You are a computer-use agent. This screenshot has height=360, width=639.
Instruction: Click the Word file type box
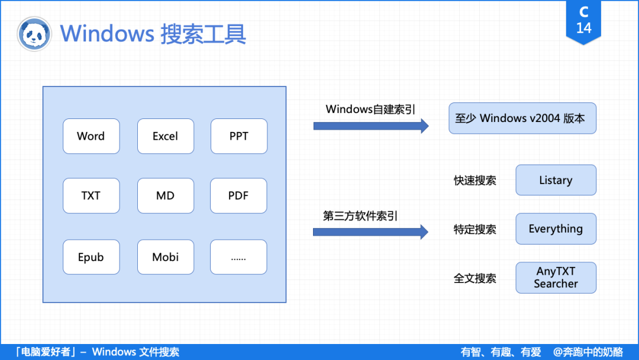[91, 136]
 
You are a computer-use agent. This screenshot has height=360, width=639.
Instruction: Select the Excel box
[165, 136]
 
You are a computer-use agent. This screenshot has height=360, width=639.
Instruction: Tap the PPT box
[238, 136]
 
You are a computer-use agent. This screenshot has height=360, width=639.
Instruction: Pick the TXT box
[91, 195]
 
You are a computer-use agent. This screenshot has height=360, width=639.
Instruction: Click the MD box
[165, 195]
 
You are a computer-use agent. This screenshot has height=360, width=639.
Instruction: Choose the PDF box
[238, 195]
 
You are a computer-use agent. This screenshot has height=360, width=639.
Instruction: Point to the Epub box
[91, 257]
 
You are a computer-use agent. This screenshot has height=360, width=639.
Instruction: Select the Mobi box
[165, 257]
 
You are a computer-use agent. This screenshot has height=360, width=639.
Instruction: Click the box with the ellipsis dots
[238, 257]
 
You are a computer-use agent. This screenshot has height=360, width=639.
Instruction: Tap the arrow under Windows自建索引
[370, 126]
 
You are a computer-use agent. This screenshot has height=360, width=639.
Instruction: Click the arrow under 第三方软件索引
[370, 232]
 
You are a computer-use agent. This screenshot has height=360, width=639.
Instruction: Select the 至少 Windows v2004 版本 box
[522, 118]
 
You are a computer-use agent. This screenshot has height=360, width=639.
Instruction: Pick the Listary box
[556, 180]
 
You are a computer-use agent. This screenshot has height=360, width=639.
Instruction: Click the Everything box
[556, 229]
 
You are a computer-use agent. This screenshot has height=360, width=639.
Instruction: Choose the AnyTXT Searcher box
[556, 278]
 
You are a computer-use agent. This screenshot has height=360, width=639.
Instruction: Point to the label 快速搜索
[475, 181]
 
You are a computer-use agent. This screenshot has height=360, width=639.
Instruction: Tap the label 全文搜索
[475, 278]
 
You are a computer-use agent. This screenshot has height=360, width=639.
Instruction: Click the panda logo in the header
[34, 34]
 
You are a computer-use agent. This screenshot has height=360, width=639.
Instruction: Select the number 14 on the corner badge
[583, 28]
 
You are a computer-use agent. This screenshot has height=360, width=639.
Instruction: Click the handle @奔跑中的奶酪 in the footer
[588, 352]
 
